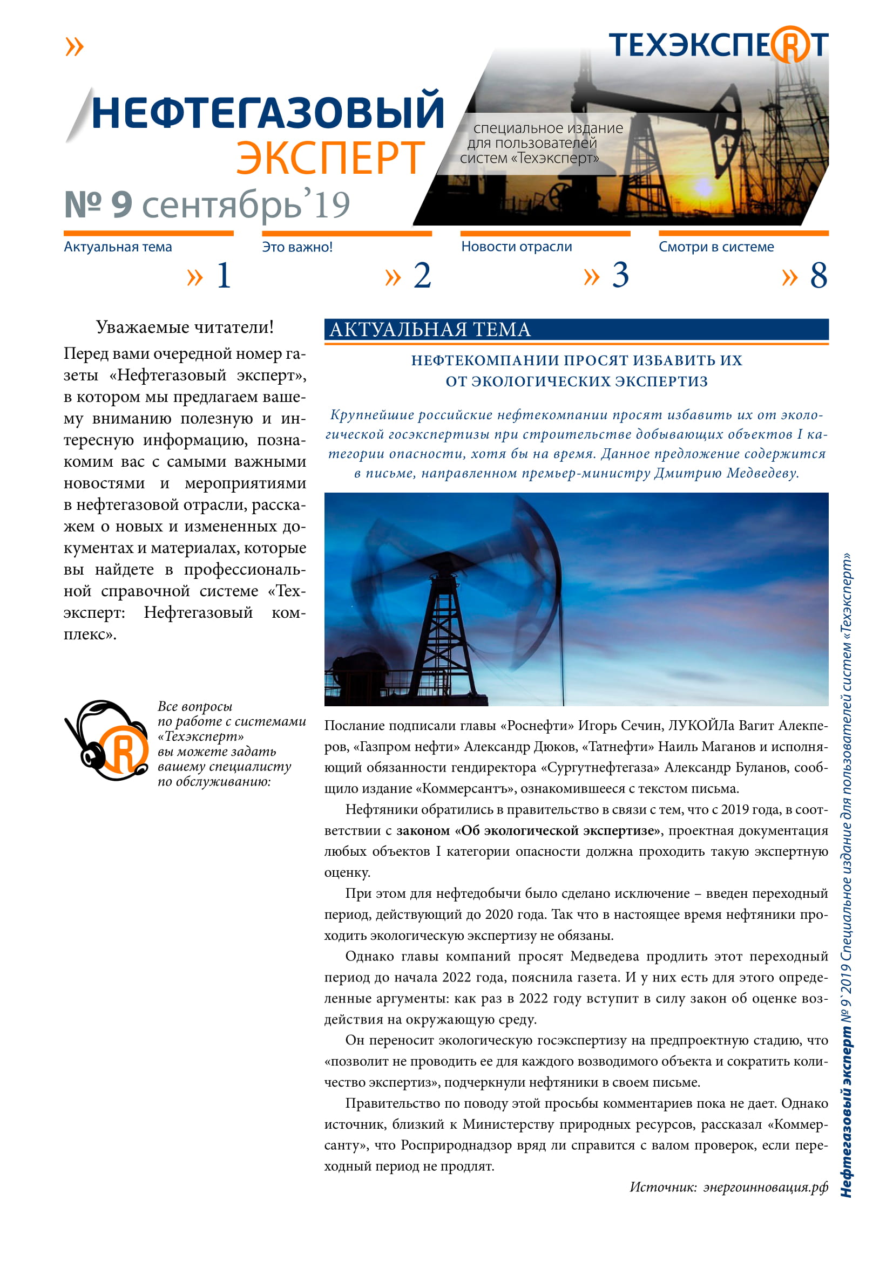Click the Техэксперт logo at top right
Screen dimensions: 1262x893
coord(718,45)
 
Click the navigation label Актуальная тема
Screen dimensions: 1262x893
coord(118,247)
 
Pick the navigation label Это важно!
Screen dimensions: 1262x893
coord(297,247)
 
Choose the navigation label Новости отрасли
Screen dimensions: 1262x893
coord(516,247)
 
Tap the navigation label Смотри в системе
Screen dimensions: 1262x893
coord(716,247)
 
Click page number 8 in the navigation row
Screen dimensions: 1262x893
coord(818,275)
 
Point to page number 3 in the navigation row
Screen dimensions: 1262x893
coord(620,275)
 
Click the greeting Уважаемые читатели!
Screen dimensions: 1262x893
coord(185,327)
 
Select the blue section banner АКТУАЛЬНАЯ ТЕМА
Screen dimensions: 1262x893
coord(576,329)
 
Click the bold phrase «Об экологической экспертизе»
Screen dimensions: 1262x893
coord(558,830)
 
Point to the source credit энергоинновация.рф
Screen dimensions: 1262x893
coord(766,1186)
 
